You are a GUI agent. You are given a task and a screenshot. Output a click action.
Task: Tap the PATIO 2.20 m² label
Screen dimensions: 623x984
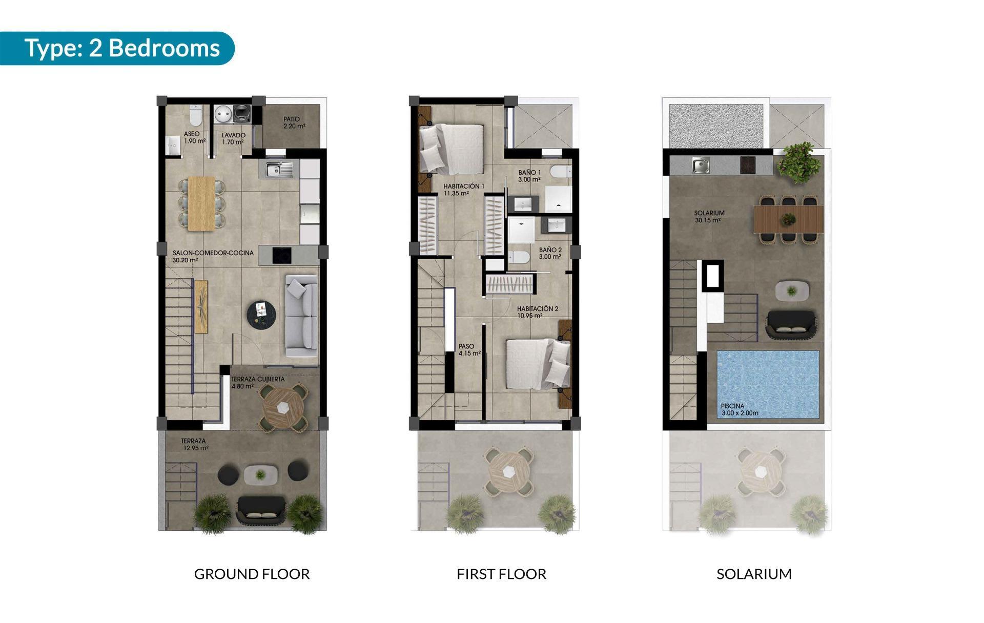pos(294,122)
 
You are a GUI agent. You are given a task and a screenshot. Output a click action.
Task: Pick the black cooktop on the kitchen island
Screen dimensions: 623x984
pos(281,255)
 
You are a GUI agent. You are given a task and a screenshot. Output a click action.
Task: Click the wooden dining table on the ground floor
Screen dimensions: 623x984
pos(201,203)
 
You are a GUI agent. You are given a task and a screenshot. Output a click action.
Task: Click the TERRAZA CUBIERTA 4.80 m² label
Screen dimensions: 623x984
pos(257,383)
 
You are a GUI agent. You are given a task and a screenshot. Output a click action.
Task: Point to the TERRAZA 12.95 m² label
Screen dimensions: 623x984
pos(194,444)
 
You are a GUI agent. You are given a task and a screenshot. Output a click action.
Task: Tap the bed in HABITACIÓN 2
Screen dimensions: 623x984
pos(537,363)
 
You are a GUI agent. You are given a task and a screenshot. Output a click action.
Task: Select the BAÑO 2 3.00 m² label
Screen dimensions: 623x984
pos(550,253)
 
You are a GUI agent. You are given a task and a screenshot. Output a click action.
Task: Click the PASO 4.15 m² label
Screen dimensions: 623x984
pos(469,349)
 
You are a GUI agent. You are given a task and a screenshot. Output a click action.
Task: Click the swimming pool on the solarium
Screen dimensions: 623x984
pos(767,384)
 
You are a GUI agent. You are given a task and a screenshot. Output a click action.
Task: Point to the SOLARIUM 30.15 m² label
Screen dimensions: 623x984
pos(709,216)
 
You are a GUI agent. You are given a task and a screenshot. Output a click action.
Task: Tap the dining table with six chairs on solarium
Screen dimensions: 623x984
pos(788,219)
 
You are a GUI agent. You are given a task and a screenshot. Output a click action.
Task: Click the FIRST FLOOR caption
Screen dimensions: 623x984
pos(501,574)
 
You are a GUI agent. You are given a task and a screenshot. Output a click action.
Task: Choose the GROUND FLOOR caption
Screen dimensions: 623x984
pos(252,574)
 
